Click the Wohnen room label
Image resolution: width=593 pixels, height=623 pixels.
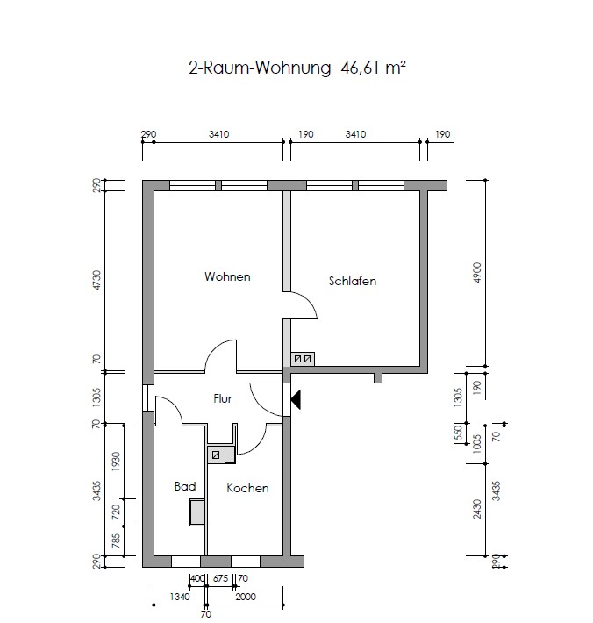click(x=227, y=276)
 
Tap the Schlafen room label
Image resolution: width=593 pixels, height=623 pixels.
click(x=353, y=282)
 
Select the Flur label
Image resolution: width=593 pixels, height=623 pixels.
click(x=223, y=398)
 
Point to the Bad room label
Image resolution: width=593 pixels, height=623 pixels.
click(x=185, y=486)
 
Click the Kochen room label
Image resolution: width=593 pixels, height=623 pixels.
click(x=247, y=488)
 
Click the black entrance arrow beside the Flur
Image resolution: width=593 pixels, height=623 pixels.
click(x=296, y=400)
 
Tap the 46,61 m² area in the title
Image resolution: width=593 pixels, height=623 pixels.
click(x=374, y=68)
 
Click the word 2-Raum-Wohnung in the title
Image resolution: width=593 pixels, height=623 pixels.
click(x=260, y=68)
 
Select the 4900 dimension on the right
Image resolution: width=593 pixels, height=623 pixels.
click(x=477, y=273)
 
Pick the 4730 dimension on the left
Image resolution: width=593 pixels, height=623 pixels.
click(x=96, y=281)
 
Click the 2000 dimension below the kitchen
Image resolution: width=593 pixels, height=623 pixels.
click(x=246, y=597)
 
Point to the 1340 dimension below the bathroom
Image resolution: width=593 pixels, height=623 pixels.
click(x=180, y=597)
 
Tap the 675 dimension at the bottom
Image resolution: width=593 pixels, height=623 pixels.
click(x=220, y=578)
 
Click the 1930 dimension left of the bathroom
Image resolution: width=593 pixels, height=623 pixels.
click(x=116, y=462)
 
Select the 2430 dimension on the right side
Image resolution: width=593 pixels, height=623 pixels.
click(x=477, y=509)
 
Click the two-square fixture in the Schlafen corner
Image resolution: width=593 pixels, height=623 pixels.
click(x=303, y=359)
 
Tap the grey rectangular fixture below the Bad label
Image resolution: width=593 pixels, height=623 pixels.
click(x=197, y=512)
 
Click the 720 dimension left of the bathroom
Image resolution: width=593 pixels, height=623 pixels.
click(x=116, y=512)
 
